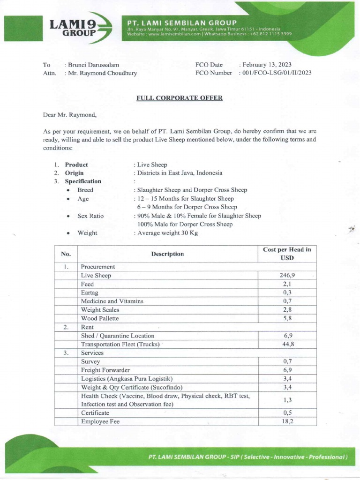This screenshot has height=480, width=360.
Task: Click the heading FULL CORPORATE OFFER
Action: pos(180,98)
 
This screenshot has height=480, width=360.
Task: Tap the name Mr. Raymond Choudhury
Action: pos(103,73)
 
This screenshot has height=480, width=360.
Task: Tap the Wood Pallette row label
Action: pos(100,318)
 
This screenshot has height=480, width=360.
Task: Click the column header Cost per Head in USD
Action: pos(287,254)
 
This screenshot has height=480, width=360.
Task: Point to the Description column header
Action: pos(167,254)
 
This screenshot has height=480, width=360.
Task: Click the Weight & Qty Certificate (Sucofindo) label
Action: pos(132,387)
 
